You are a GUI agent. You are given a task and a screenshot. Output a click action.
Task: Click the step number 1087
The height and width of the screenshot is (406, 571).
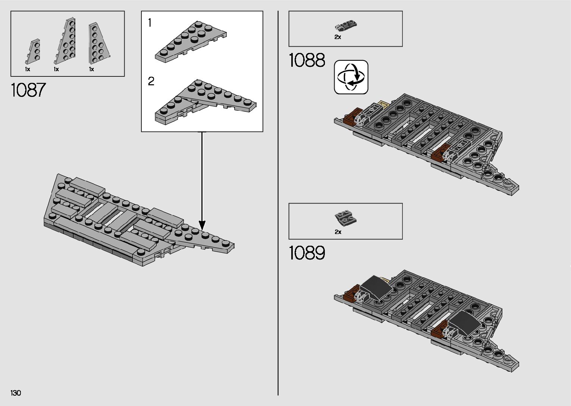(28, 90)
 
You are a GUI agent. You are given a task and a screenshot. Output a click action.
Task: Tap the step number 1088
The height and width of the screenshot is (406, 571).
(307, 60)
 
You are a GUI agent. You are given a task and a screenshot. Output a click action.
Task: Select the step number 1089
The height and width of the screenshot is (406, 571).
(307, 253)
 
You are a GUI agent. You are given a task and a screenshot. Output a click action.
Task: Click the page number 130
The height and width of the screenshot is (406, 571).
(16, 393)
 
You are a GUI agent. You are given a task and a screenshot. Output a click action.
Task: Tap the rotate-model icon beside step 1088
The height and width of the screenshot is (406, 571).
(351, 77)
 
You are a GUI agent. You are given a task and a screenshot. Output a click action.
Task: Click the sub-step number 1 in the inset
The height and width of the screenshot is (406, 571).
(150, 23)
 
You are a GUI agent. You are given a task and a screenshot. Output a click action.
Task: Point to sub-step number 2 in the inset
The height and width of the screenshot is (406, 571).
(151, 81)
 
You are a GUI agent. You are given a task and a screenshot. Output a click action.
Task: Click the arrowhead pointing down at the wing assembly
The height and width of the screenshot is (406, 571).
(202, 225)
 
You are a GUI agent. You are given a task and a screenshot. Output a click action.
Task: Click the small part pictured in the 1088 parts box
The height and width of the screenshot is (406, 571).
(346, 26)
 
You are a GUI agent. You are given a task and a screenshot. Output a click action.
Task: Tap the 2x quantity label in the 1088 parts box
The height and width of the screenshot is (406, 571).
(338, 37)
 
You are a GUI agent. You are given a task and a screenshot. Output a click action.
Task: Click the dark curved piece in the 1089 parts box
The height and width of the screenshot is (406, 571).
(346, 217)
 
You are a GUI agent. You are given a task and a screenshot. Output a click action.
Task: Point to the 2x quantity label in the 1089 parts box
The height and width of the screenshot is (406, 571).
(338, 232)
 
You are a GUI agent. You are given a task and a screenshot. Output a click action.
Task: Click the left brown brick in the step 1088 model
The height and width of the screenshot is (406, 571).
(352, 117)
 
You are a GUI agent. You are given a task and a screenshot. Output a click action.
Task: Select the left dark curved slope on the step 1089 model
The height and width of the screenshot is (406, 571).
(376, 287)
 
